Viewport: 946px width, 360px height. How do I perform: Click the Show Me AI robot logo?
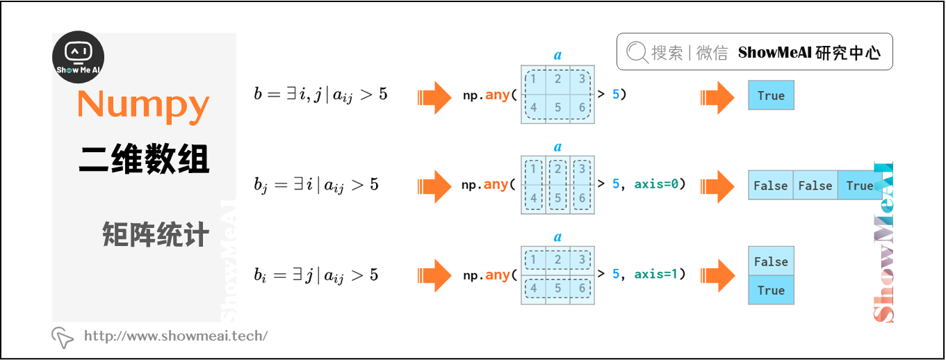pos(79,57)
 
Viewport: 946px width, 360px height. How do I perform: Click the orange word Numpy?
pos(143,104)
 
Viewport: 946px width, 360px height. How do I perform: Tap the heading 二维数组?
pos(144,159)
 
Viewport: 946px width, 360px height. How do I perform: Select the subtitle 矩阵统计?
pos(155,235)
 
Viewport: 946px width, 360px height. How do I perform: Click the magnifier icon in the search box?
pos(636,52)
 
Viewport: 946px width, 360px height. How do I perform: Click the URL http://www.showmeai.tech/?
pos(175,336)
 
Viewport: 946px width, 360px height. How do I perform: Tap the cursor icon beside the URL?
pos(63,337)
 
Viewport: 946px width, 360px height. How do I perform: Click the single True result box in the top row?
pos(771,96)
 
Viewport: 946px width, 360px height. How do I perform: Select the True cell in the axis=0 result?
pos(860,186)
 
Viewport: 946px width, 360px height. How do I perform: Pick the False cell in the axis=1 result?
pos(771,261)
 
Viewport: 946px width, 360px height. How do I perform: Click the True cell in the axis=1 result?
pos(771,291)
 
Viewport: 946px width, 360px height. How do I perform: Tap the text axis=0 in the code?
pos(657,184)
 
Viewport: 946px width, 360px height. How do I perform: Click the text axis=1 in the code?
pos(657,275)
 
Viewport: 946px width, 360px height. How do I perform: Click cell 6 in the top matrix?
pos(582,108)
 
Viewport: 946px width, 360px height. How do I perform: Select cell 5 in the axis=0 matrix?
pos(557,198)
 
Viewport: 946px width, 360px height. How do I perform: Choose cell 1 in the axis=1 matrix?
pos(533,260)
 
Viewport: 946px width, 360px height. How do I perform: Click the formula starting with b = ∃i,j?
pos(320,95)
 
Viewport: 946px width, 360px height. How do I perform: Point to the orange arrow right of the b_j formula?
pos(435,185)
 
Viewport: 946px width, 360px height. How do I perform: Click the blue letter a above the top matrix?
pos(557,55)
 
